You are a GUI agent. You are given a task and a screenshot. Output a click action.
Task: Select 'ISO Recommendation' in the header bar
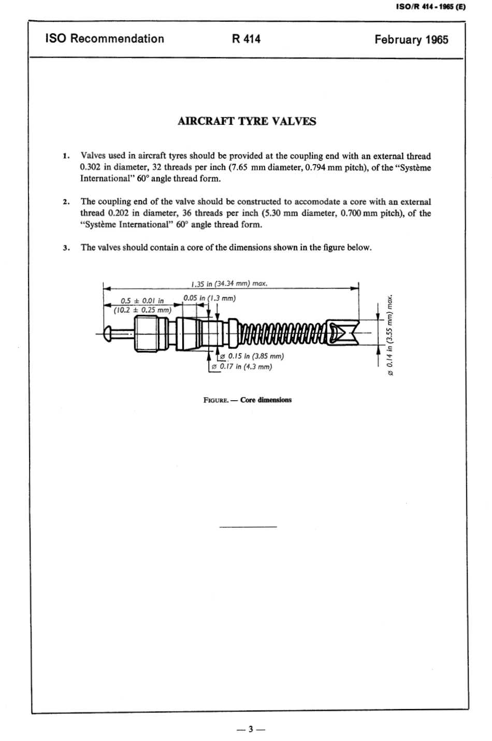[x=105, y=39]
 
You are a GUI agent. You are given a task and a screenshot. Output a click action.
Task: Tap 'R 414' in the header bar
[x=247, y=39]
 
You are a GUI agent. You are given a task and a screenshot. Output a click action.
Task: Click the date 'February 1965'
[x=411, y=39]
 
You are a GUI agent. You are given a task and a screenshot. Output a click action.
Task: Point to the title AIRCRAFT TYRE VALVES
[x=247, y=122]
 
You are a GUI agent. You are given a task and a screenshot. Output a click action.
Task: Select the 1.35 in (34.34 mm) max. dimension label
[x=228, y=283]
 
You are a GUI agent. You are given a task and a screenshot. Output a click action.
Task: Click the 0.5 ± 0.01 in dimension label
[x=141, y=300]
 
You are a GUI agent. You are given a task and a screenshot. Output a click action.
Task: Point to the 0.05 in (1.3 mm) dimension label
[x=209, y=298]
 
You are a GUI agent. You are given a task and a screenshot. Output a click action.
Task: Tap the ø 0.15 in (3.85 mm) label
[x=252, y=356]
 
